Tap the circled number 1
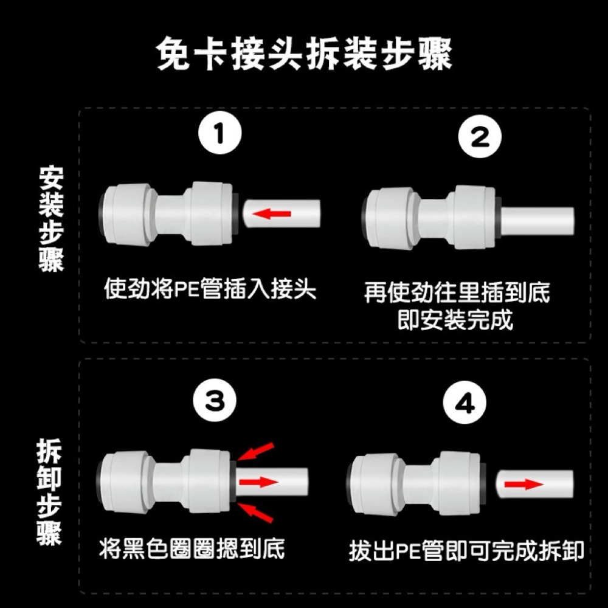219,137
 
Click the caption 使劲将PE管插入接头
210,288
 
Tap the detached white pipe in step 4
534,485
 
